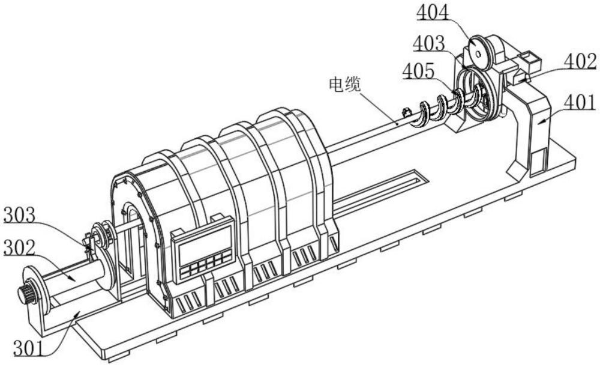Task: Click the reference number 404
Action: [433, 13]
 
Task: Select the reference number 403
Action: [429, 43]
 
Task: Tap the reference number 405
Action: [419, 71]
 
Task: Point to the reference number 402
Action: [580, 62]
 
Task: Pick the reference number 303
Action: [20, 214]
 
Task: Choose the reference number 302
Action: [20, 248]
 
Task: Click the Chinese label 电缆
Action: [344, 85]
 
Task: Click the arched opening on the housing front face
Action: [133, 237]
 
